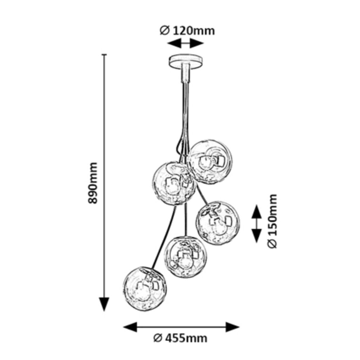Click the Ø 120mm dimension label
coord(187,31)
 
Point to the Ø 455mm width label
coord(180,339)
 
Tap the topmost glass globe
coord(210,161)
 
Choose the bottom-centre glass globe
coord(186,256)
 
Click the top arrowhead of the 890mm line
coord(104,58)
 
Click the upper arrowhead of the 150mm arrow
coord(257,211)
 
